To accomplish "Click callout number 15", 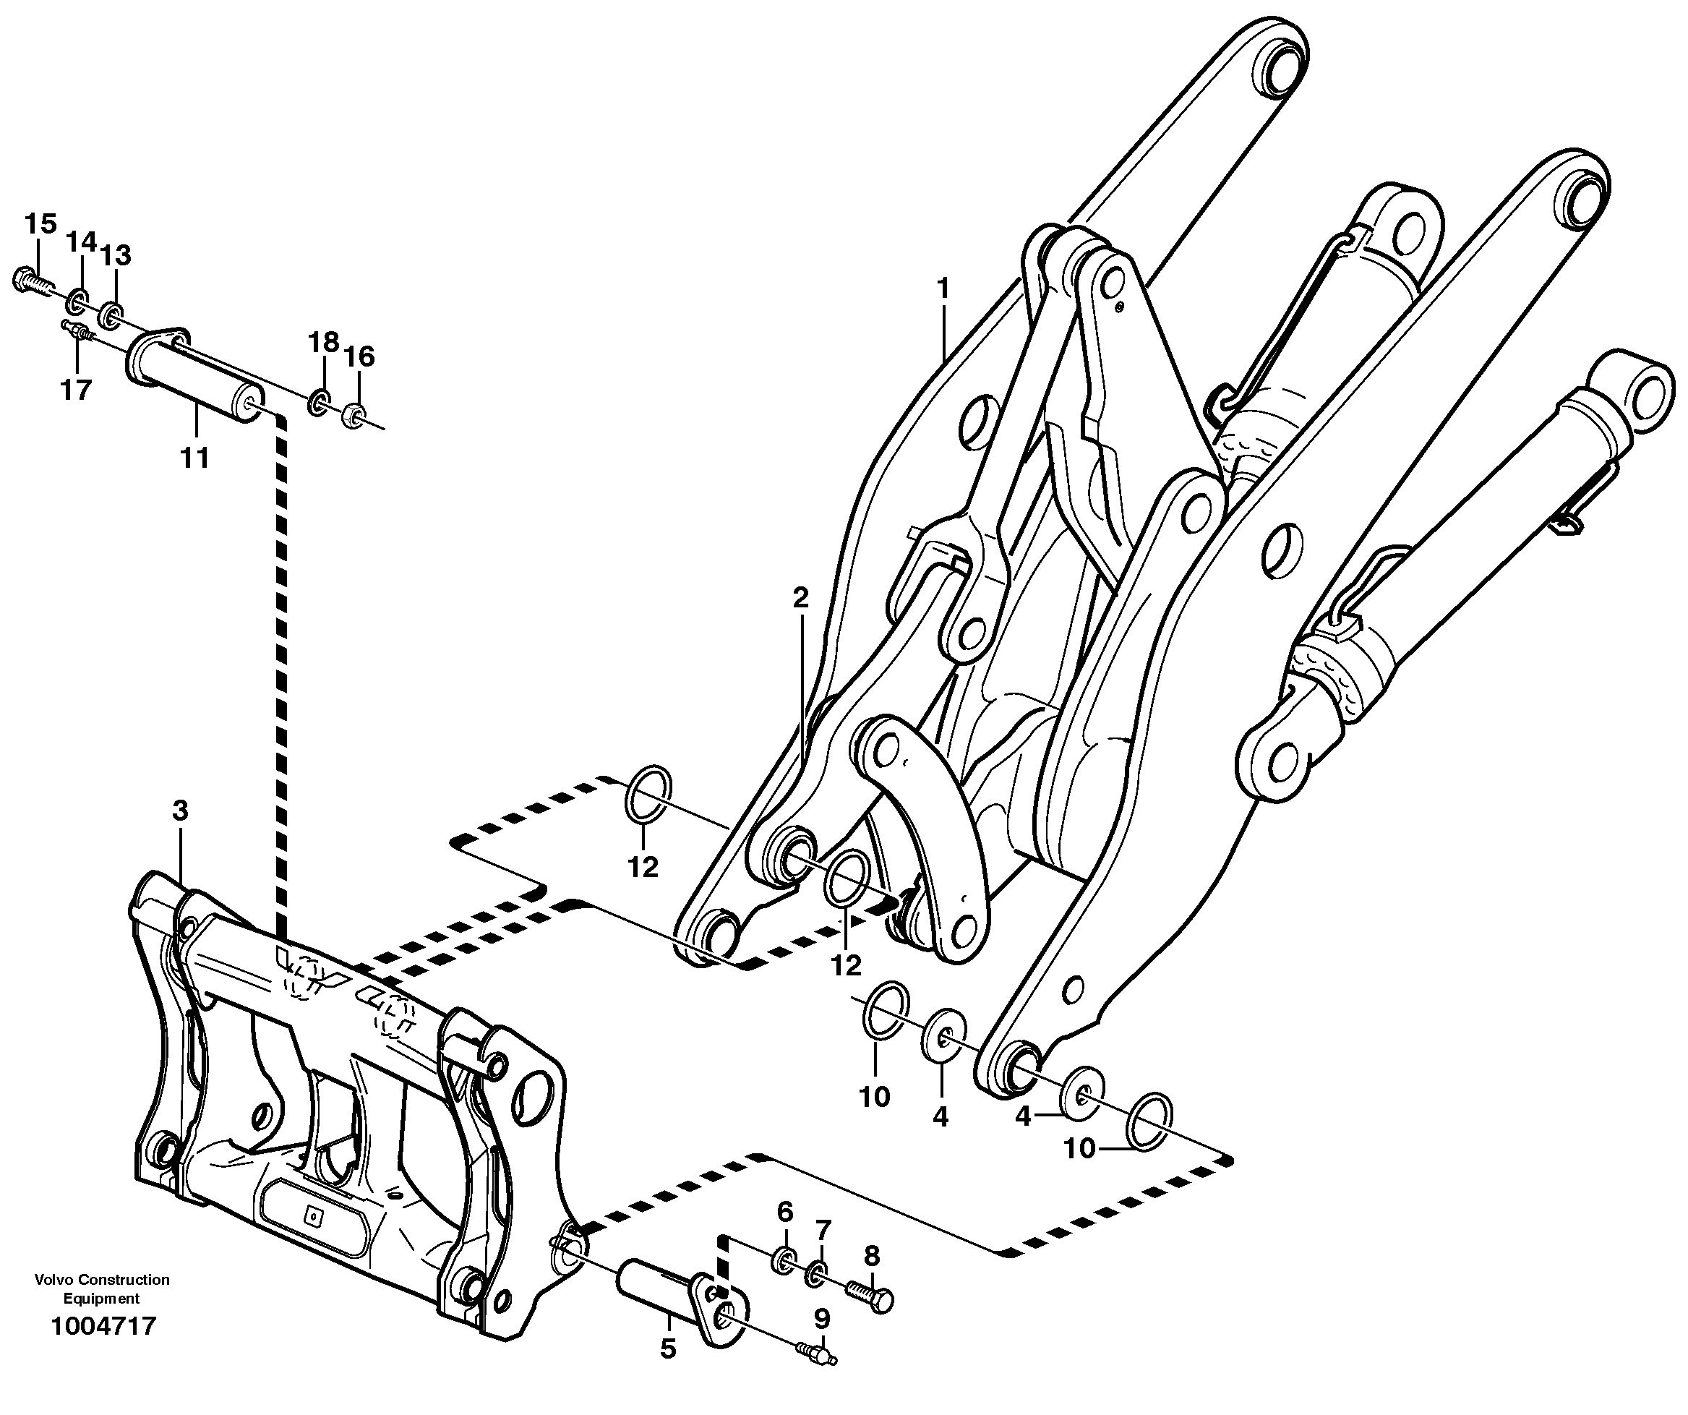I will click(x=40, y=223).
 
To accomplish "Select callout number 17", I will click(x=77, y=390).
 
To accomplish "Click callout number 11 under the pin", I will click(x=194, y=458).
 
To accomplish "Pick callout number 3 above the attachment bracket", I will click(x=180, y=811).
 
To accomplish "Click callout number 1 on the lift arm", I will click(x=943, y=287).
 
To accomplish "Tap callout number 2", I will click(x=800, y=597).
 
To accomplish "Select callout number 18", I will click(x=324, y=343).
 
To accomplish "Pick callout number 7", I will click(x=822, y=1230).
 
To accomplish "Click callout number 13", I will click(x=116, y=256).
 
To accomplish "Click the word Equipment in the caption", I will click(x=101, y=1299).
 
